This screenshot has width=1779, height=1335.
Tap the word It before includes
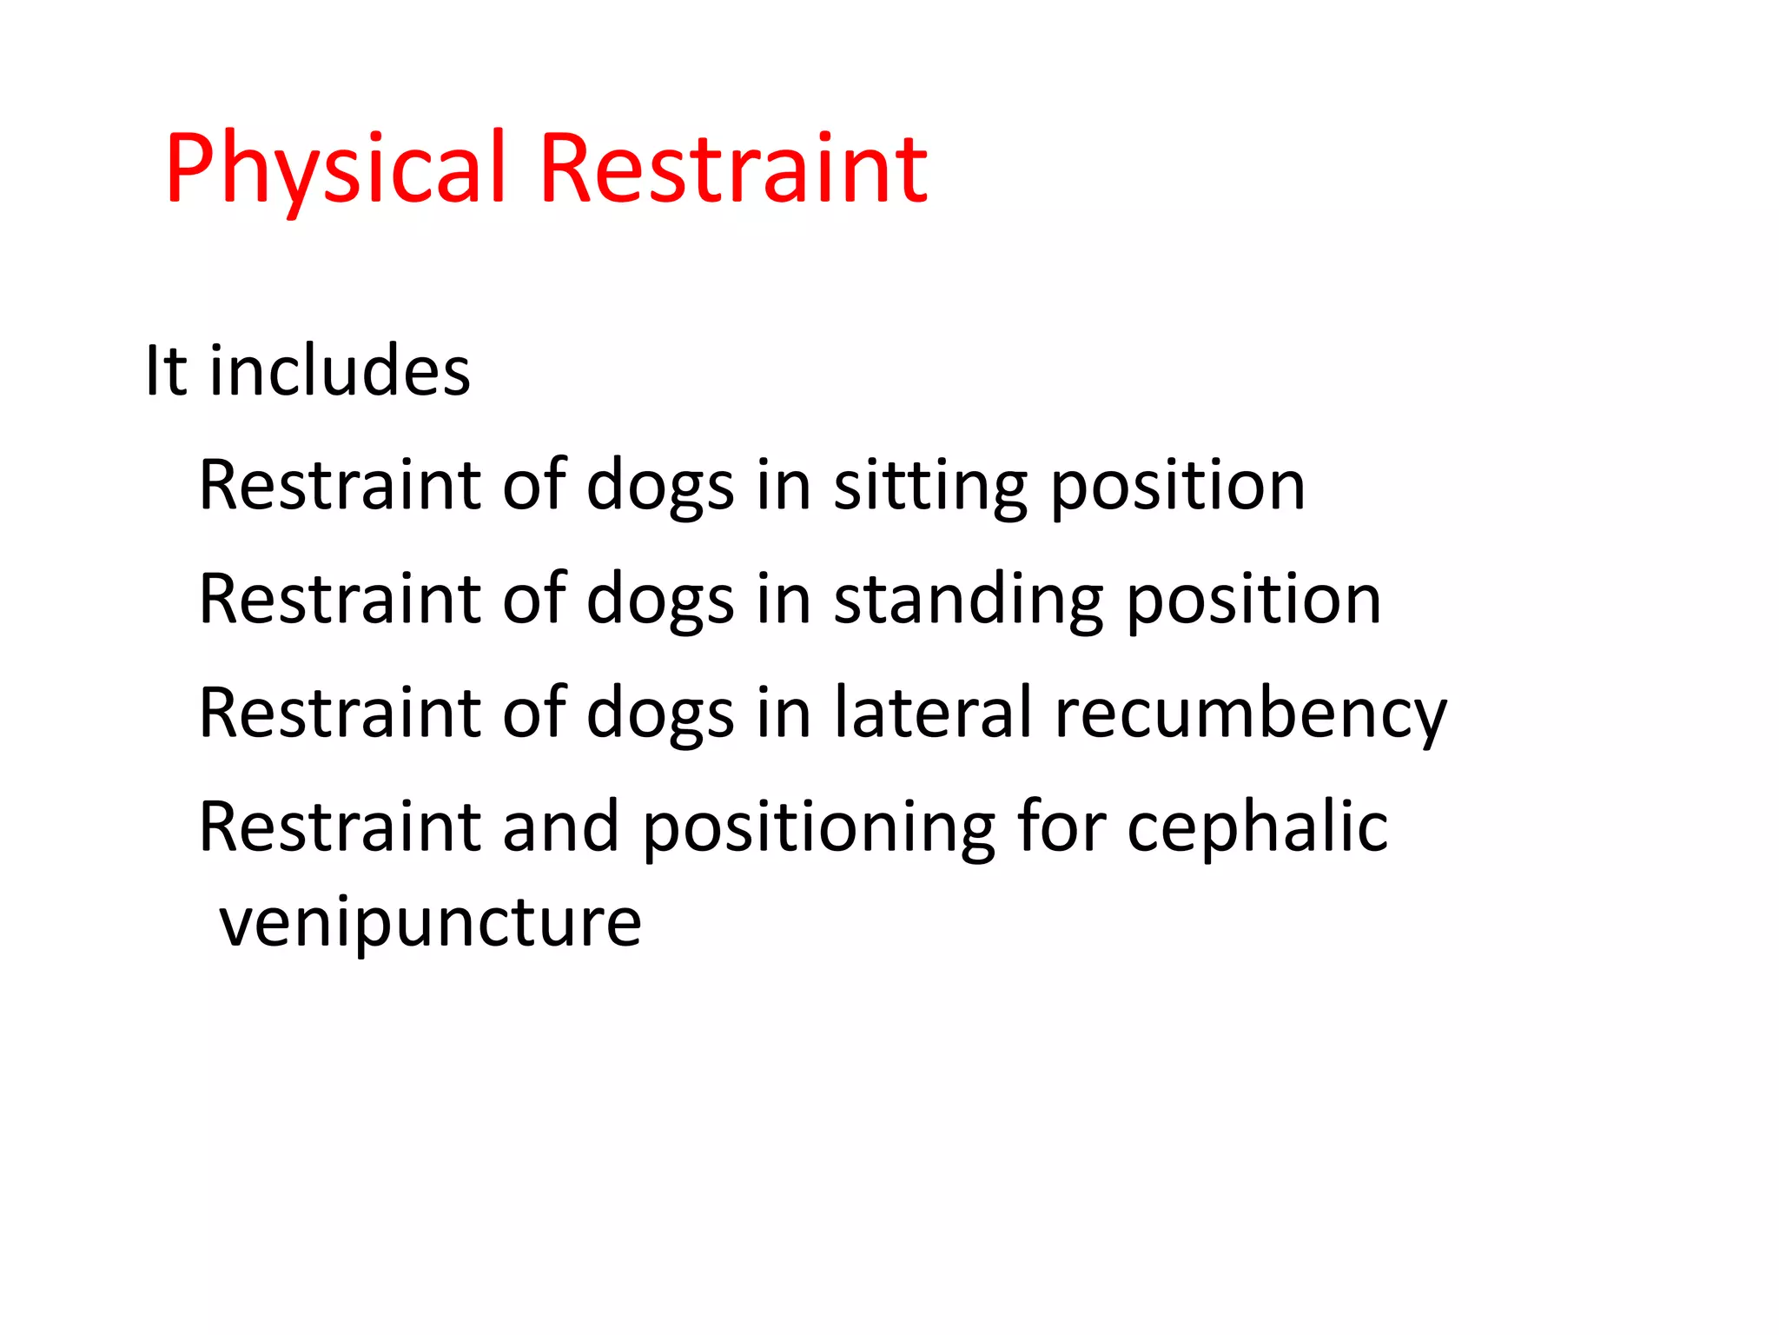[165, 371]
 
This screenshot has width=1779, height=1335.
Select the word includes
[340, 371]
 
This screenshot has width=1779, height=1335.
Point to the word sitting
[930, 486]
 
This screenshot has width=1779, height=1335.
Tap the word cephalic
[1257, 827]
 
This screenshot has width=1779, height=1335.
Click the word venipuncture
[430, 923]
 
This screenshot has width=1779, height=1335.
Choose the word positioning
[818, 827]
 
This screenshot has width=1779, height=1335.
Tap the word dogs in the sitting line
[660, 486]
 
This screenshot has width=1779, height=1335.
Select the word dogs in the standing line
[660, 600]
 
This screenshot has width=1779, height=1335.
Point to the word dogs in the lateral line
[660, 714]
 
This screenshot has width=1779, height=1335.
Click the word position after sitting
[1178, 486]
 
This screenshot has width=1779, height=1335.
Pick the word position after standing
[1253, 600]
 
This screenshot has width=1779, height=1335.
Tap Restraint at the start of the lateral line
[340, 713]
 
